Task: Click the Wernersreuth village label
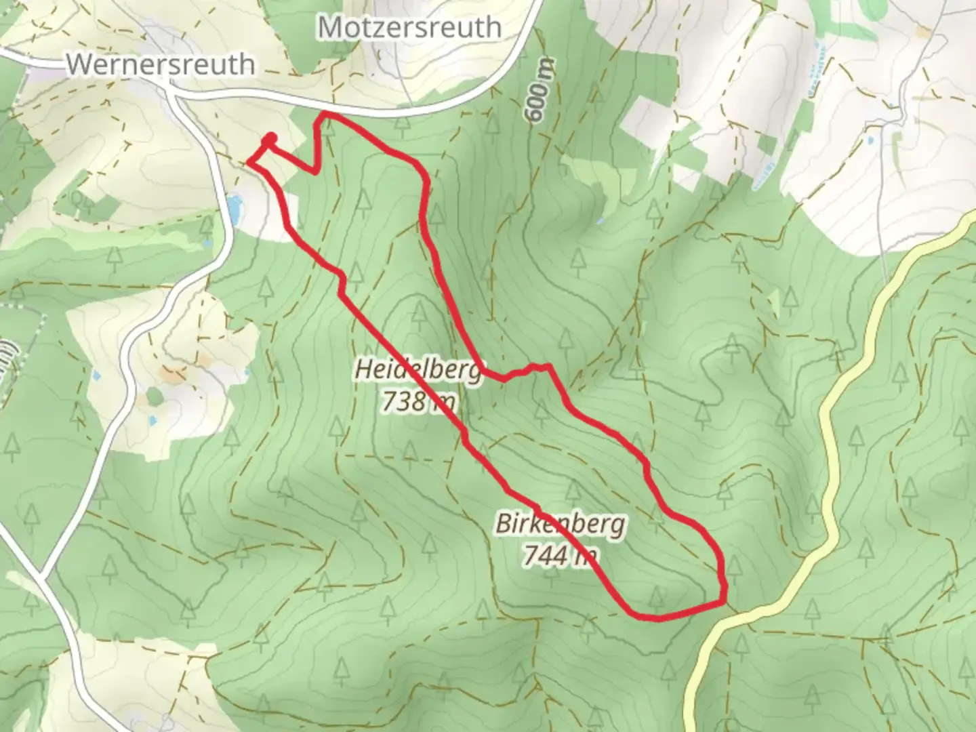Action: pos(161,64)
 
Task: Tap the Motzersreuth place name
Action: pos(409,28)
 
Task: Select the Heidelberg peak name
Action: pos(418,370)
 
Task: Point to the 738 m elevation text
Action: pos(418,402)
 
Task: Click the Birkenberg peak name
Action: pos(560,523)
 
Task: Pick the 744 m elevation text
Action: pos(560,556)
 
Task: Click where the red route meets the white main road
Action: pos(326,114)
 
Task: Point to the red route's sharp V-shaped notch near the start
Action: pos(316,171)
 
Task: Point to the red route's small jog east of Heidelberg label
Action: pos(525,371)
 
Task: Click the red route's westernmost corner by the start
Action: pos(249,161)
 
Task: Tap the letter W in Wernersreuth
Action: pos(79,64)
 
